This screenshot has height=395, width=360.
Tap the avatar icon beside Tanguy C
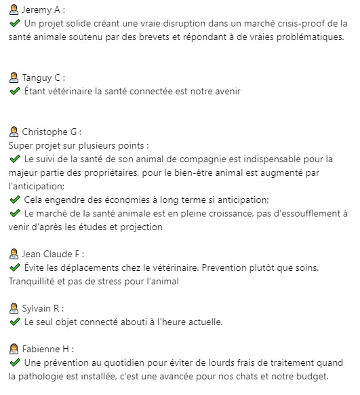[14, 77]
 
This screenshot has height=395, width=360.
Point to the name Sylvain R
[42, 308]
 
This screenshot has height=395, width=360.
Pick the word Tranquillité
[36, 281]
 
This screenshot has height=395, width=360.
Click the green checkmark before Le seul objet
[15, 322]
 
